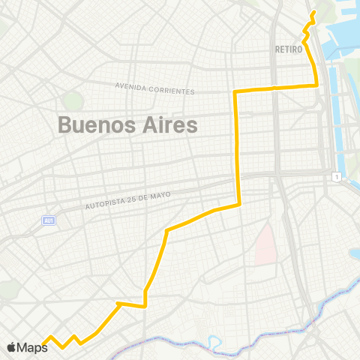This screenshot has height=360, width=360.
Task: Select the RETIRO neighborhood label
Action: click(289, 49)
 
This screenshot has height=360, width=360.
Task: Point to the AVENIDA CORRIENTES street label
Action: click(155, 88)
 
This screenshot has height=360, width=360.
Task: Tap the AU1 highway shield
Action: click(49, 220)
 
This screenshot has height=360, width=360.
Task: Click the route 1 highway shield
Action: click(337, 175)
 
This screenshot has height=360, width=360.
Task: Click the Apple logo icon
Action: click(11, 347)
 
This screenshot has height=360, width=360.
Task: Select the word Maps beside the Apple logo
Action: click(32, 347)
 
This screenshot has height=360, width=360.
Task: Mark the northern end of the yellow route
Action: click(313, 13)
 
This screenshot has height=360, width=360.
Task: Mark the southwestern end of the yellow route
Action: click(43, 344)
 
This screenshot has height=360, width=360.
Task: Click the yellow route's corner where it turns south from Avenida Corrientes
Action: click(236, 91)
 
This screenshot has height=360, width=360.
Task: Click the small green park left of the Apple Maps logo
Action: click(6, 289)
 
